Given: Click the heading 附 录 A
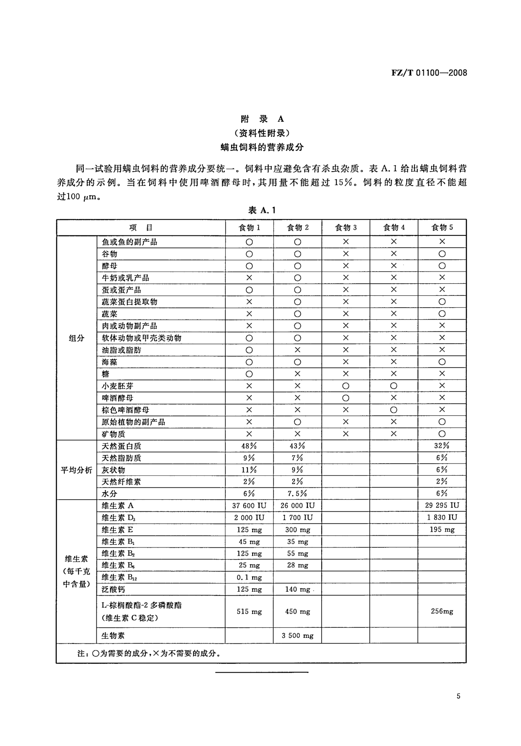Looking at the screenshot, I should [262, 119].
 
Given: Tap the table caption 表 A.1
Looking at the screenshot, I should [262, 210].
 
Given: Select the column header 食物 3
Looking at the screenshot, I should [346, 228].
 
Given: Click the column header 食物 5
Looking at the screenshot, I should [442, 228].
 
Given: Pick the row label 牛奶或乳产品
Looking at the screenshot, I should [125, 278].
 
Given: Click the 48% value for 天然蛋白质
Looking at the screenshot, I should [249, 446].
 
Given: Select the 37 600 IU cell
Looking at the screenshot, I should [249, 506].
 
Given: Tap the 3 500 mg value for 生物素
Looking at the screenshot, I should [297, 636].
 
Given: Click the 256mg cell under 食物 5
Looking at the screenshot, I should [442, 611].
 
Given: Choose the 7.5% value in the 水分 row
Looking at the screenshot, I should [297, 494].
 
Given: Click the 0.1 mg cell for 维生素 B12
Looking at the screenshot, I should [249, 577].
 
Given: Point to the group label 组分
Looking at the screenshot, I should [76, 338].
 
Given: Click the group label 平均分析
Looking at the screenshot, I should [76, 470].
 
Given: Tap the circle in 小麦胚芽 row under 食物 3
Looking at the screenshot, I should [346, 386].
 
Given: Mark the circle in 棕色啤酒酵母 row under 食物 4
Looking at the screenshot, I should [394, 410].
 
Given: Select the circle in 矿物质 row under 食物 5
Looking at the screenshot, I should [442, 434].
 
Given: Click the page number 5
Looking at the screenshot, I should [458, 696].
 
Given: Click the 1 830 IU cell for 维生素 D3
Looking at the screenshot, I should [442, 517].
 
